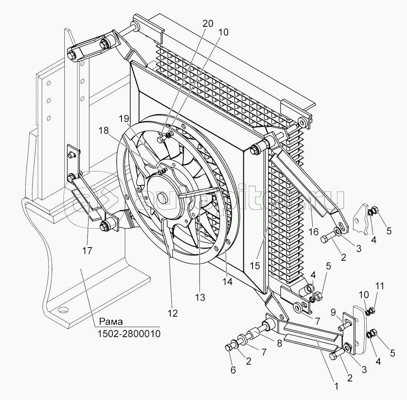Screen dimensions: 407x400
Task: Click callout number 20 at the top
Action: click(x=208, y=23)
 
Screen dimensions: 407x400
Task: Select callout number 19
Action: click(x=124, y=118)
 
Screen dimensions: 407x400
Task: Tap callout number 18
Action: click(x=103, y=131)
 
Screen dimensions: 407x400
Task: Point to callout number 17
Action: click(x=87, y=250)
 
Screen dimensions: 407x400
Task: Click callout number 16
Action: click(x=313, y=231)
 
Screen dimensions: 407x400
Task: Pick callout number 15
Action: click(x=255, y=266)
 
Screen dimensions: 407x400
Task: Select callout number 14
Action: click(x=227, y=281)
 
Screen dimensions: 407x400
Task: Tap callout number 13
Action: click(x=200, y=297)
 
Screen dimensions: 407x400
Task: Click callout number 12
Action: click(x=173, y=313)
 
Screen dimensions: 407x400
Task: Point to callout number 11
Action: click(x=379, y=286)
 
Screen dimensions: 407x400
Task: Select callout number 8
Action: click(x=279, y=343)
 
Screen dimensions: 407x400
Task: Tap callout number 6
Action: click(x=233, y=370)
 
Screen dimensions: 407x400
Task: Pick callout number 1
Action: click(x=337, y=386)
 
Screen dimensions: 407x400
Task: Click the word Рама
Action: click(x=111, y=322)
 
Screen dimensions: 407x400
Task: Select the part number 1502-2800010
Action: click(x=129, y=334)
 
